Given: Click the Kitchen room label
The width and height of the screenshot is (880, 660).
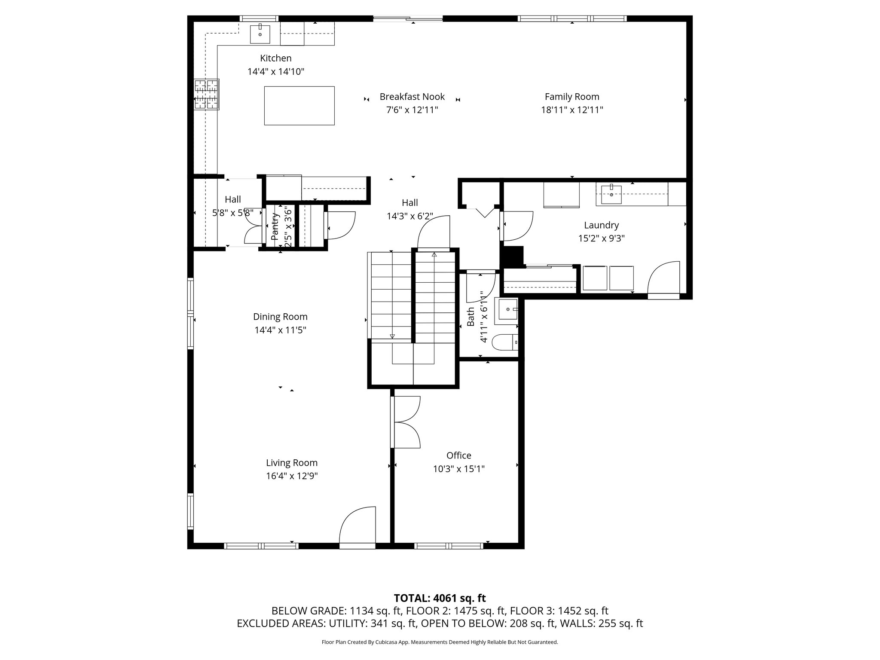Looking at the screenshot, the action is [276, 58].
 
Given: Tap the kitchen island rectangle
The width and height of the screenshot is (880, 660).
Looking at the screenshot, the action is [299, 106].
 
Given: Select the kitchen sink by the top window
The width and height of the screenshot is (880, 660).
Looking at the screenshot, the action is [260, 34].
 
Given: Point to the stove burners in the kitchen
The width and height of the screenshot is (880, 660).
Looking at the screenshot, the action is [206, 95].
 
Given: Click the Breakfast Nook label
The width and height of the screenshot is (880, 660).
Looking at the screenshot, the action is [412, 97].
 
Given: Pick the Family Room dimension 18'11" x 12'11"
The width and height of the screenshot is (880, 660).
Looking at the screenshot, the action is [572, 110].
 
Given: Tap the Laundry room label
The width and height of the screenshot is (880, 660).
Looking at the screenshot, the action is [601, 225].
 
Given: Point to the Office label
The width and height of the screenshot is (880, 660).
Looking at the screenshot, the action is [459, 455].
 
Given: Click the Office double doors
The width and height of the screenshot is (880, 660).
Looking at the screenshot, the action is [405, 422].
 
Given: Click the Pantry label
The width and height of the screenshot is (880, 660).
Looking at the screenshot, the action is [275, 226].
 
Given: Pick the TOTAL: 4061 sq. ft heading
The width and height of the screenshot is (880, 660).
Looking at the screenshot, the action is [440, 598].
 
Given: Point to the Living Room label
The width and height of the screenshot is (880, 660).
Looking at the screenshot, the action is [292, 463].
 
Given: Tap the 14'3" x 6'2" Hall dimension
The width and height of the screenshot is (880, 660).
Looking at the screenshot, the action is [410, 216].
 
